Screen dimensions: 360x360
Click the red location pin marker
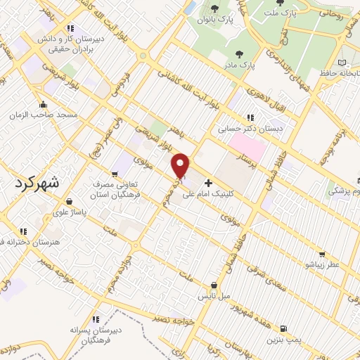click(181, 165)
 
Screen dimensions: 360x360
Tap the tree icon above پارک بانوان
click(214, 9)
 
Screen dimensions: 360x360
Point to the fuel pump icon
click(283, 328)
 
